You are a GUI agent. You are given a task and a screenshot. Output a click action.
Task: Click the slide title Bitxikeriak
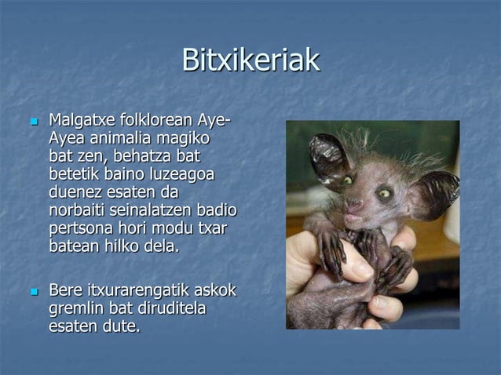251,60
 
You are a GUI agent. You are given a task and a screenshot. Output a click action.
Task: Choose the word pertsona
82,231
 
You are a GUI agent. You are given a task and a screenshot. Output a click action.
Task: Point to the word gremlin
79,308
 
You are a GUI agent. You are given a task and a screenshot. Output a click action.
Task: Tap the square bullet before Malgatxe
33,123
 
